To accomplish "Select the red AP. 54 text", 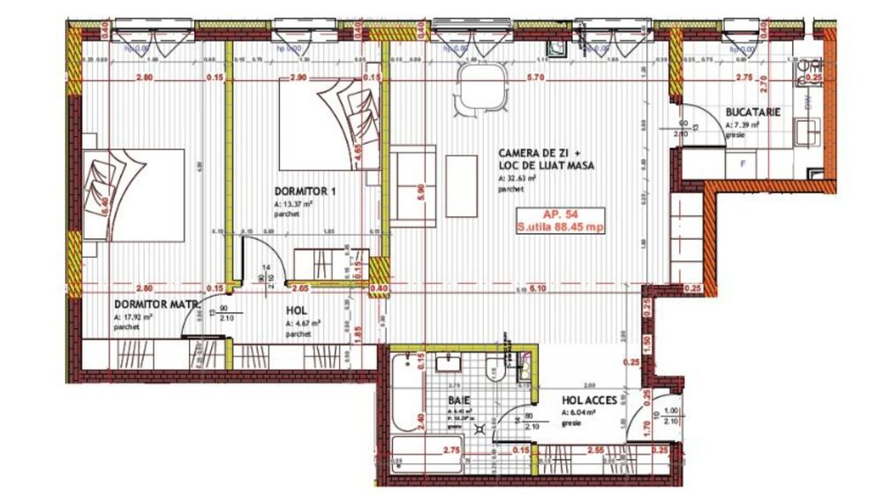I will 560,213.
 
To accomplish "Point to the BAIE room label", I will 458,400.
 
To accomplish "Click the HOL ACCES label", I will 589,400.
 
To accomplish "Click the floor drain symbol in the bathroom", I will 480,429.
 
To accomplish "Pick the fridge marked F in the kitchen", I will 742,164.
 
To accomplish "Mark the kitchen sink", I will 806,133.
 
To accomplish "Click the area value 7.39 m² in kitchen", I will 743,125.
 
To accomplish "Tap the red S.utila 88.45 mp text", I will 560,226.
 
